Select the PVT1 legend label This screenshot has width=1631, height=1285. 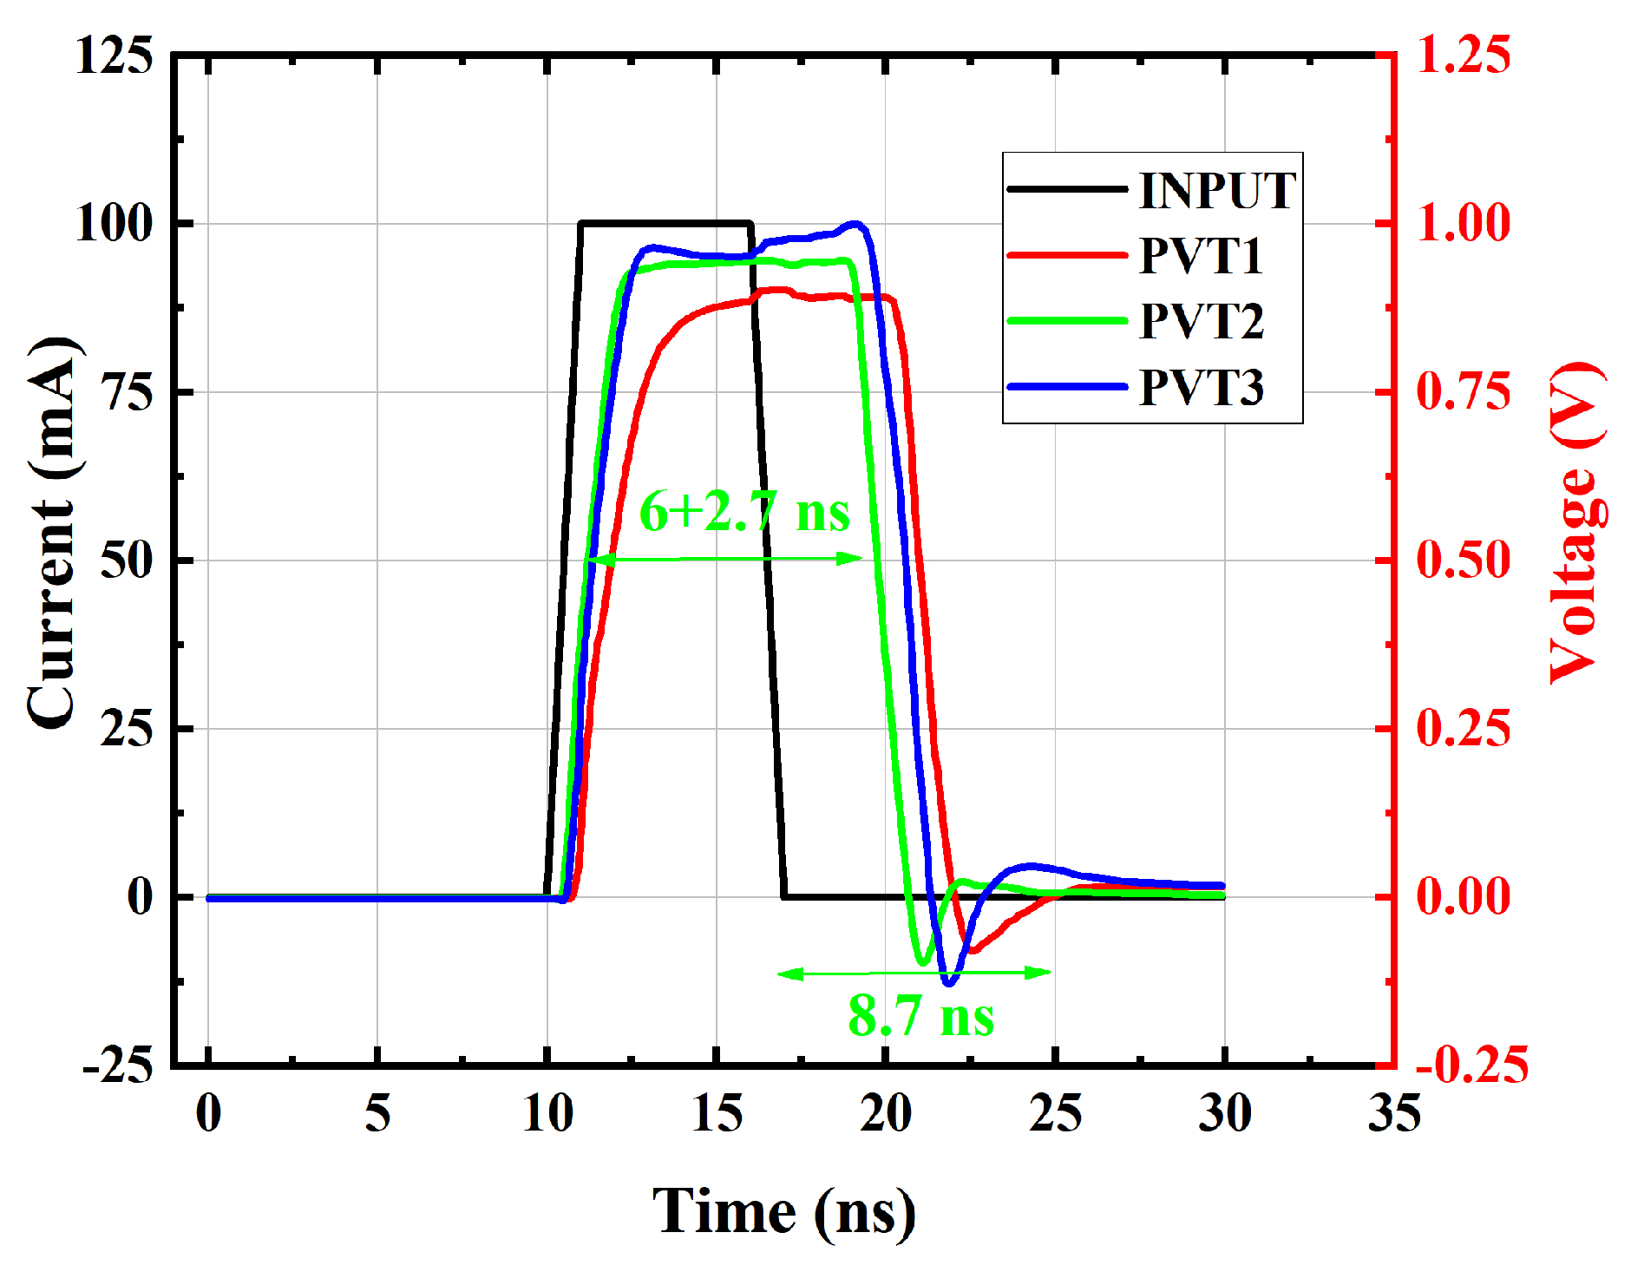[x=1201, y=256]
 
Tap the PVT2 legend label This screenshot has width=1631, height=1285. [x=1202, y=321]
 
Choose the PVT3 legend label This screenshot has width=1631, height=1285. [x=1202, y=387]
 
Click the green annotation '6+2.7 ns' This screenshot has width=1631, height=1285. [x=744, y=511]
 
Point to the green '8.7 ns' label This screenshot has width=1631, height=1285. [x=920, y=1015]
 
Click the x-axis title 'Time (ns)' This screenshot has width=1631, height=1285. [x=783, y=1211]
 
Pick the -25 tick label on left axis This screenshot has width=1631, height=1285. [x=117, y=1065]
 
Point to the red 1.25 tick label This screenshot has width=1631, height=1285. [x=1463, y=55]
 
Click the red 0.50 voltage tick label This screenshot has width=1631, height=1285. [x=1463, y=560]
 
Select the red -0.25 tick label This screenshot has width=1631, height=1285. [x=1471, y=1065]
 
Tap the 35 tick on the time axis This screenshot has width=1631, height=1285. [x=1394, y=1113]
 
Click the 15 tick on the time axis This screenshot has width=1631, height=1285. [x=717, y=1113]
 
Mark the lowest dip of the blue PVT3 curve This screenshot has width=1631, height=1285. [x=949, y=983]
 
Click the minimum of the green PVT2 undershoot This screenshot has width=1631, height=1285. [x=922, y=962]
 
